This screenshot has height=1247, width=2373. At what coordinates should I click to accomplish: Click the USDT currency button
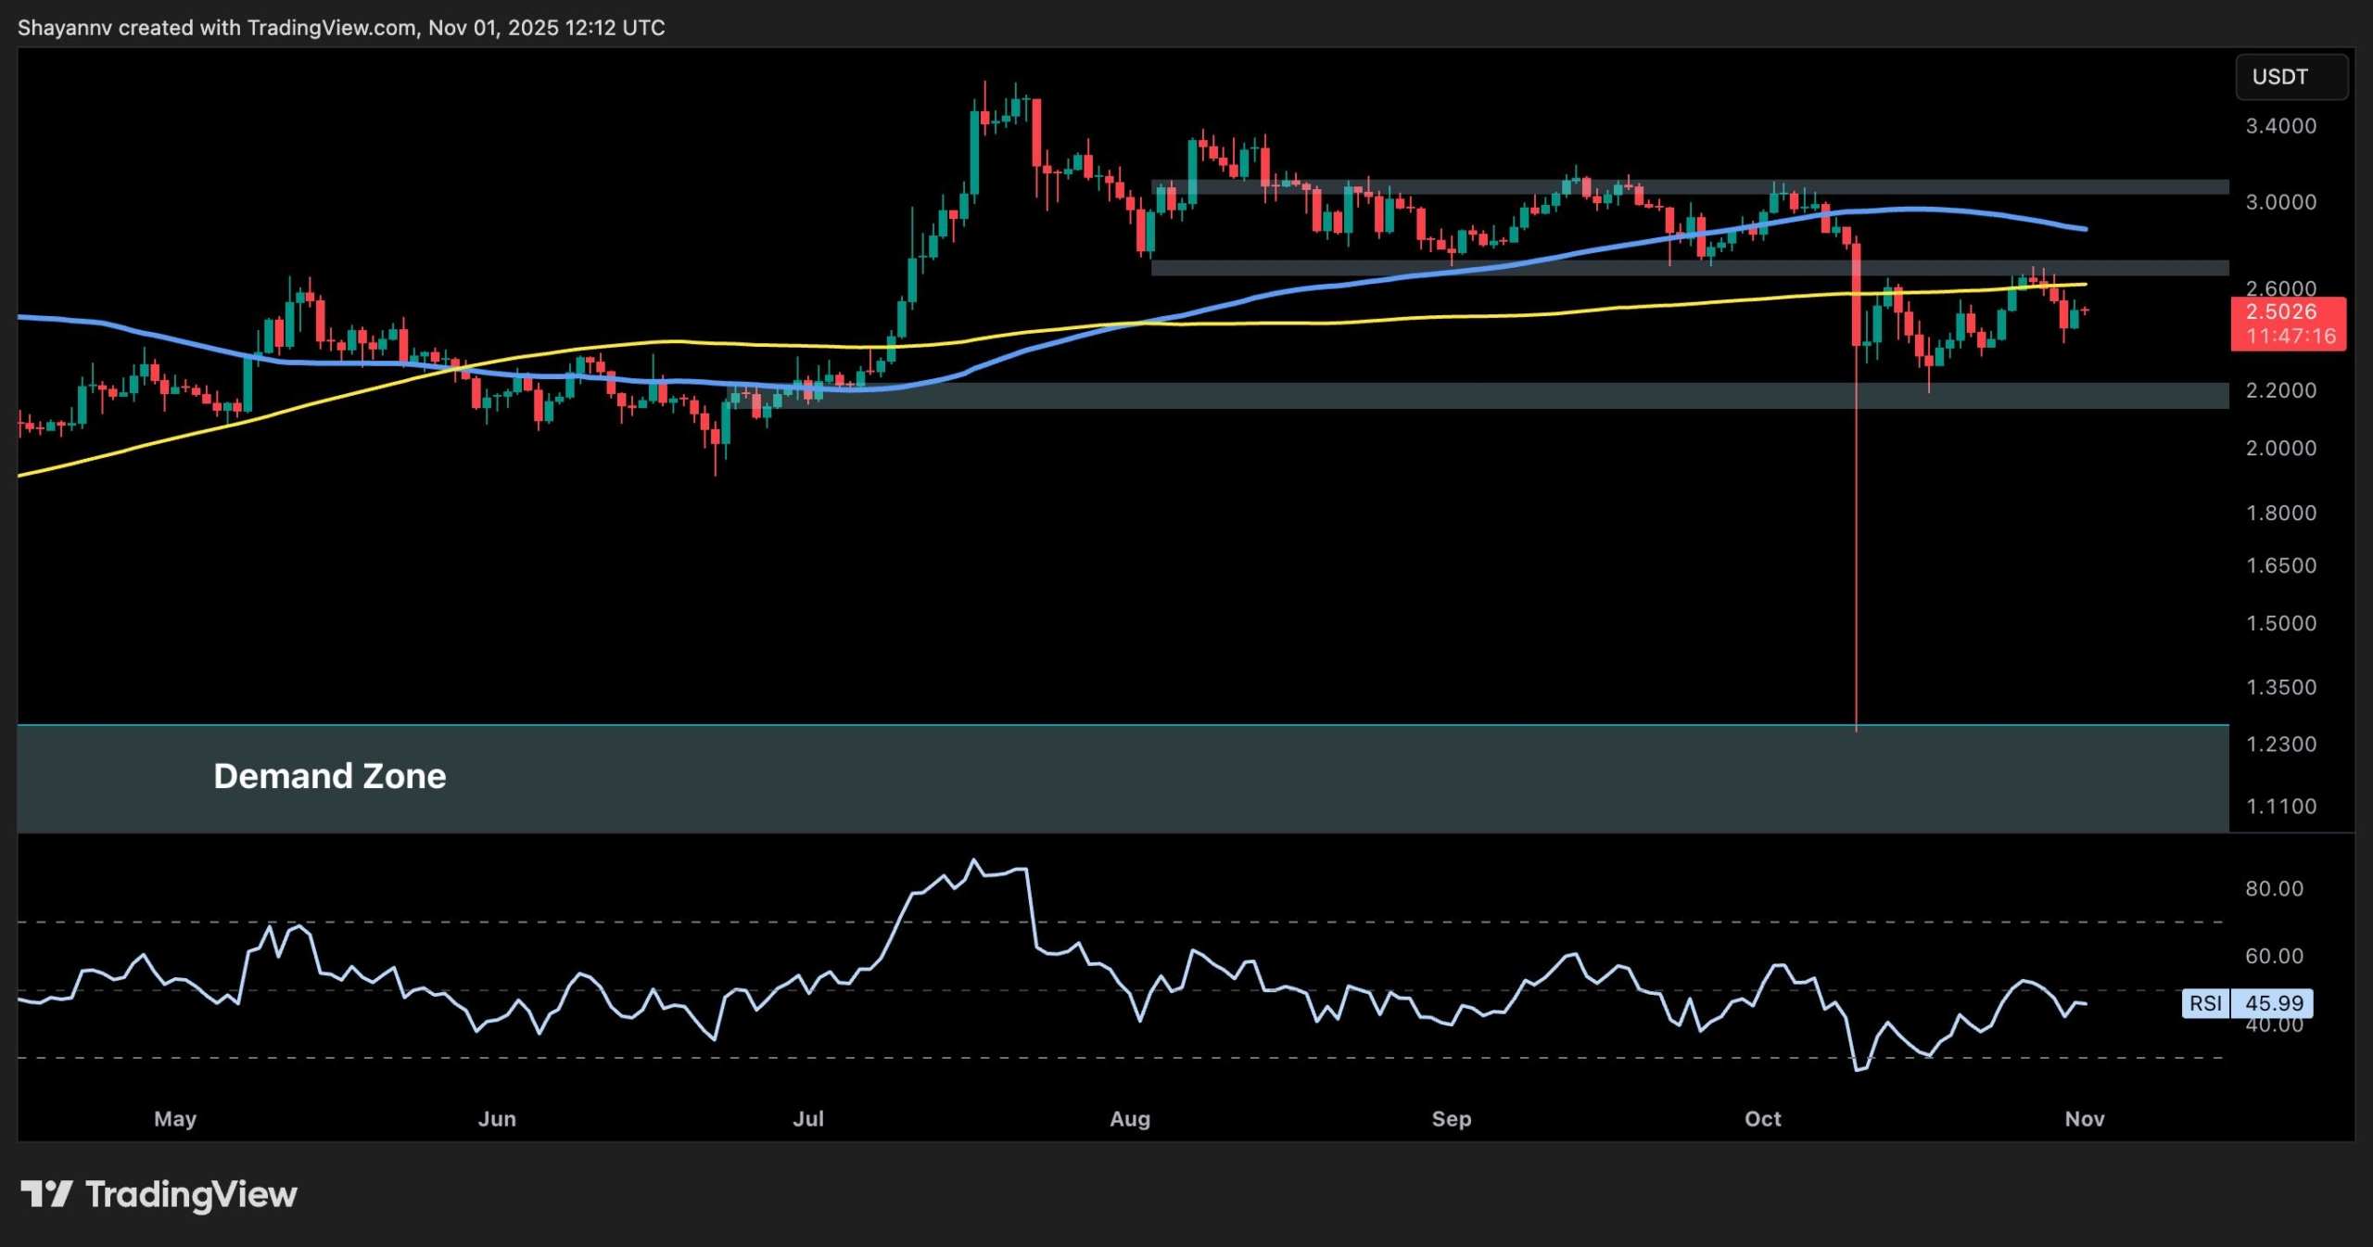2291,77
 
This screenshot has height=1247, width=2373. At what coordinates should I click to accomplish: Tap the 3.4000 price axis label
2280,126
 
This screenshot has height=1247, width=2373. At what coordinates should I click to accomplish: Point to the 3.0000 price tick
2280,202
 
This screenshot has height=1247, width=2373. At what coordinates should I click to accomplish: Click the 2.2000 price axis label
2280,390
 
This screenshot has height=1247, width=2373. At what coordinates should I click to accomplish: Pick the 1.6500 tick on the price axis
2280,566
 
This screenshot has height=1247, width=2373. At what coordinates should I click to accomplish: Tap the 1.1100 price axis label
2280,807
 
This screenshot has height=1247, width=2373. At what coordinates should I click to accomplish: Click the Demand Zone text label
329,776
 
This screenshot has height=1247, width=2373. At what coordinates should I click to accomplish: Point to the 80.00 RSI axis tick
2274,888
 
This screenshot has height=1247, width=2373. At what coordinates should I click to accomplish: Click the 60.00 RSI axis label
2274,956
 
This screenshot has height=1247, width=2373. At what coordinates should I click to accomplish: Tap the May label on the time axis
175,1119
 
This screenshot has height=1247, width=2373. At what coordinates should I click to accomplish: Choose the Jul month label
808,1119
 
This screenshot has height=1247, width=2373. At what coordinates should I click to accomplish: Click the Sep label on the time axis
1451,1119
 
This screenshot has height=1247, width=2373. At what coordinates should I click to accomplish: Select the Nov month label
2084,1119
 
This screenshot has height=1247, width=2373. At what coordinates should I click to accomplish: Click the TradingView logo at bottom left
159,1194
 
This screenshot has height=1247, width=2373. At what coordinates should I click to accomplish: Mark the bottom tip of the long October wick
1856,731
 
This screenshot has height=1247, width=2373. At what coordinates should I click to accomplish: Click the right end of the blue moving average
2086,229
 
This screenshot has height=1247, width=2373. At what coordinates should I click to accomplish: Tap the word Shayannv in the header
64,28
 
